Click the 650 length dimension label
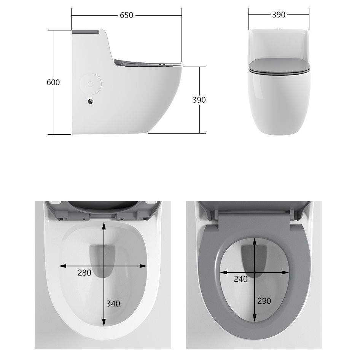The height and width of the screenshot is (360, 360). click(x=126, y=15)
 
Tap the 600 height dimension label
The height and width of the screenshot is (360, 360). click(x=53, y=82)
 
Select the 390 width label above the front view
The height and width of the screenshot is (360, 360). click(x=279, y=15)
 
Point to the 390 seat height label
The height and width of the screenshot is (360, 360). click(x=199, y=100)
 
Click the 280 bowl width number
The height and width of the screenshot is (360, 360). click(x=84, y=273)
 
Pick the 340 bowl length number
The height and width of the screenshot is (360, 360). click(x=113, y=303)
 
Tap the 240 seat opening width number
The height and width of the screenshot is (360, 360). click(x=241, y=279)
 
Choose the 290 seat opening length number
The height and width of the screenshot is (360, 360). click(x=264, y=301)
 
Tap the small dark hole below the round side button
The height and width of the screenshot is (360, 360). click(x=90, y=101)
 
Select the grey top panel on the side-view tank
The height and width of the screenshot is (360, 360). click(x=86, y=32)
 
